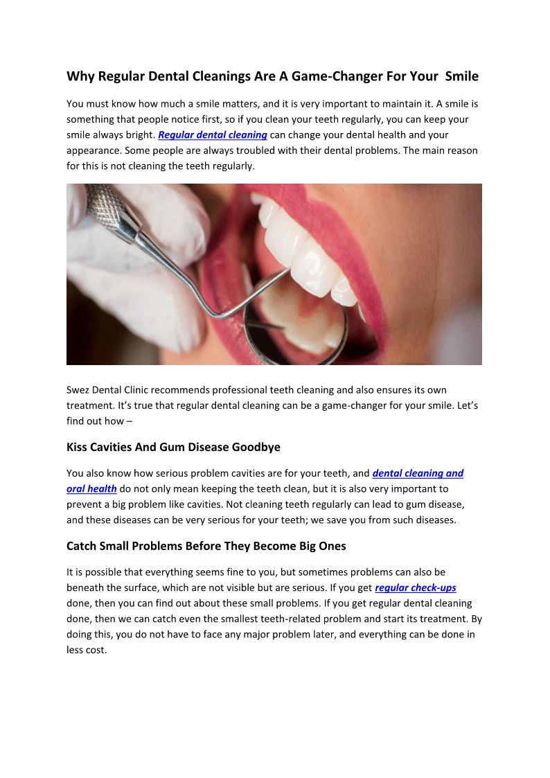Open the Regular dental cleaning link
tap(213, 135)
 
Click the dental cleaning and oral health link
tap(418, 474)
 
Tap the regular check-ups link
tap(416, 588)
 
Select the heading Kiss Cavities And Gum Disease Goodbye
tap(173, 448)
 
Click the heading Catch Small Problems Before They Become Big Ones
tap(206, 546)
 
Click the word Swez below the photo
tap(80, 391)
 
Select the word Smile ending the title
tap(462, 76)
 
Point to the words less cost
tap(87, 651)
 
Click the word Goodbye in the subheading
tap(257, 448)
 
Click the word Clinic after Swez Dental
tap(158, 391)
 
